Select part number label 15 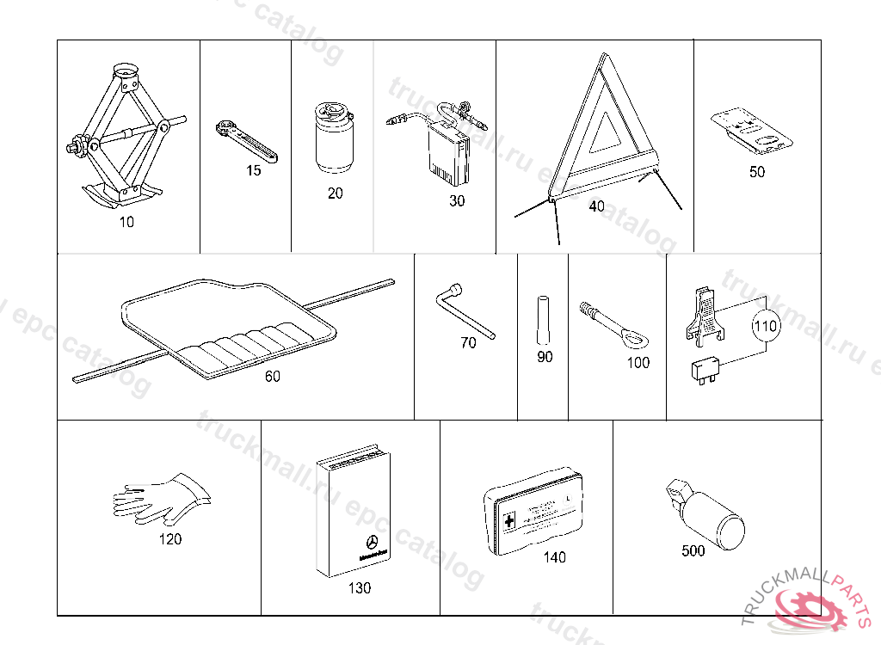click(x=253, y=170)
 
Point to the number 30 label click(x=457, y=201)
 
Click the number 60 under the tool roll click(x=272, y=376)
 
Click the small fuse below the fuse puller click(x=704, y=370)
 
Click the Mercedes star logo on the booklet click(x=373, y=543)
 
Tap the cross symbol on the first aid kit click(x=509, y=521)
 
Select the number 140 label click(x=554, y=557)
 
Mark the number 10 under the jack click(x=126, y=222)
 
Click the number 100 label click(x=638, y=363)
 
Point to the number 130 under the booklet click(x=359, y=588)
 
